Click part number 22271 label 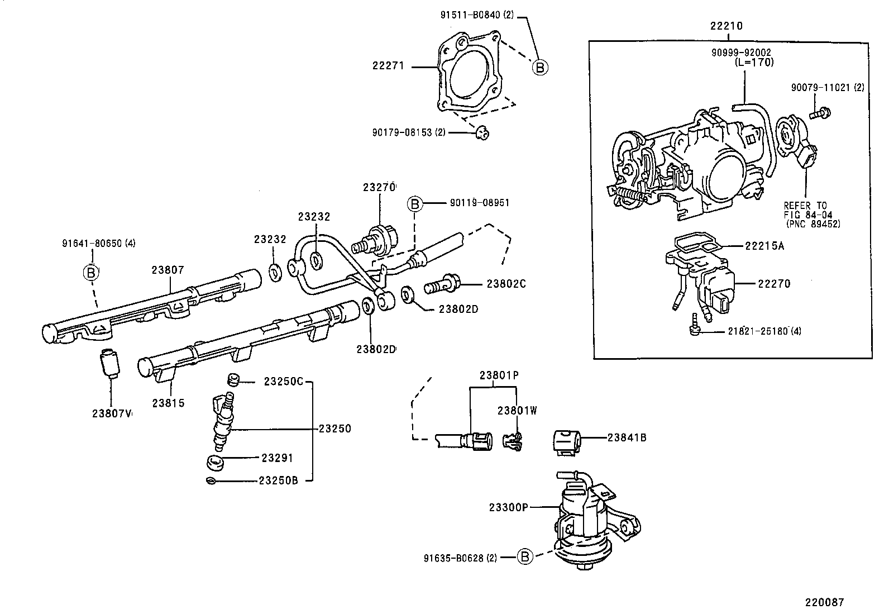pyautogui.click(x=388, y=66)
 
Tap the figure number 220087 pyautogui.click(x=824, y=602)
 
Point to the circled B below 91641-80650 pyautogui.click(x=91, y=273)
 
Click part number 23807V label pyautogui.click(x=112, y=413)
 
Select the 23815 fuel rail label pyautogui.click(x=168, y=403)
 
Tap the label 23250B pyautogui.click(x=278, y=480)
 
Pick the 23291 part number pyautogui.click(x=278, y=458)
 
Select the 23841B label pyautogui.click(x=627, y=437)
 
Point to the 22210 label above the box pyautogui.click(x=726, y=26)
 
